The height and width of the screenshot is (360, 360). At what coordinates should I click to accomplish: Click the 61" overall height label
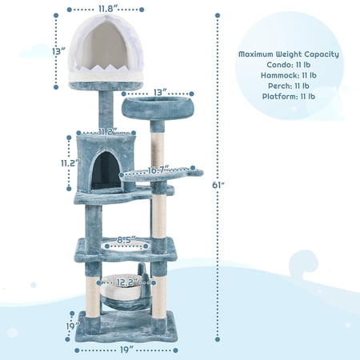tap(218, 185)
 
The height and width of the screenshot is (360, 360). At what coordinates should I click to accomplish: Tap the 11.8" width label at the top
tap(108, 8)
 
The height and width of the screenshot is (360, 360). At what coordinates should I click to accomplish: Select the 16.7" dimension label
tap(158, 170)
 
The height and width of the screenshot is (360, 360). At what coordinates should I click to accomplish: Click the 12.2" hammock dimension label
tap(127, 282)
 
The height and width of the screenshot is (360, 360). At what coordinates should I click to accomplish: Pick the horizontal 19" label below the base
tap(126, 350)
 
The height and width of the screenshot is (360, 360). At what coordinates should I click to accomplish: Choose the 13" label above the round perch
tap(160, 92)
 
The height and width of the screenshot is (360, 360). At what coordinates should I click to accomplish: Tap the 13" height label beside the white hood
tap(58, 51)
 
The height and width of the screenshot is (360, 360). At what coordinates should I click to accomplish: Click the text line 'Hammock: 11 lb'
tap(289, 75)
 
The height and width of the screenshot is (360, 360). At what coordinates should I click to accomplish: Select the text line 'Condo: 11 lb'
tap(289, 65)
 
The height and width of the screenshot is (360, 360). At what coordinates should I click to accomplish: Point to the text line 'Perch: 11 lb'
tap(289, 86)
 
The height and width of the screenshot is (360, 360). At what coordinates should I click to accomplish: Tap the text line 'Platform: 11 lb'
tap(289, 96)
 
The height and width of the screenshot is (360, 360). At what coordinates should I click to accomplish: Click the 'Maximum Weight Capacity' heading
tap(289, 54)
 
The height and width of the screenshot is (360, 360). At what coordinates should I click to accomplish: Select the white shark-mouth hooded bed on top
tap(106, 50)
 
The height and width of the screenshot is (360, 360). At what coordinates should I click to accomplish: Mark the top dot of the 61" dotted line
tap(218, 15)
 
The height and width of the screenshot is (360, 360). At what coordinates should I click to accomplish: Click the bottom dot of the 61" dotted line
tap(218, 339)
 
